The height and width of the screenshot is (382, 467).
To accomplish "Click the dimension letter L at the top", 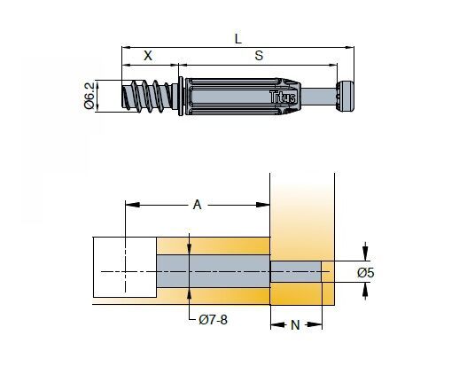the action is (x=237, y=38).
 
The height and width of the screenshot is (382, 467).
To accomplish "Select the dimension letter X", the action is (x=148, y=56).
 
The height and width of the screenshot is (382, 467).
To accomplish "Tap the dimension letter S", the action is (x=259, y=56).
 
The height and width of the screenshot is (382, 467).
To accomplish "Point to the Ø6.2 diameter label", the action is (x=90, y=96).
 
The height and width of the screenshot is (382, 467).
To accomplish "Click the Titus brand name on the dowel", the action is (x=283, y=97).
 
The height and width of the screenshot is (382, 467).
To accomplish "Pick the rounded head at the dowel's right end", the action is (x=345, y=96).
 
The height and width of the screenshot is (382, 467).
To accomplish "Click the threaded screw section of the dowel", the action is (x=146, y=96).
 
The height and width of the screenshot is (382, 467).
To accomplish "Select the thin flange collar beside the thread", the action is (x=180, y=96).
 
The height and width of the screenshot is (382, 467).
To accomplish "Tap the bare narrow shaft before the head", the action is (x=318, y=97).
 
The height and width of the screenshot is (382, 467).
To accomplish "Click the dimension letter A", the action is (x=197, y=205).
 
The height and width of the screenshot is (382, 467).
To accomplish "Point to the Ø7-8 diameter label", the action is (x=214, y=320).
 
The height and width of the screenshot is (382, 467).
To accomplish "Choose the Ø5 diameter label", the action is (x=366, y=273).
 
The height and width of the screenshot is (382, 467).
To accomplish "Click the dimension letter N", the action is (x=295, y=325).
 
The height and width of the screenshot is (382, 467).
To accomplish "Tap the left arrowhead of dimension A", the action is (x=133, y=205).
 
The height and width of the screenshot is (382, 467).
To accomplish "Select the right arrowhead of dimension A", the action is (x=263, y=205).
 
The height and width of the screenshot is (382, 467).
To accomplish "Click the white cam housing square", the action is (x=125, y=268).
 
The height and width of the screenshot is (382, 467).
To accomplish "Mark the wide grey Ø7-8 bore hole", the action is (x=214, y=271).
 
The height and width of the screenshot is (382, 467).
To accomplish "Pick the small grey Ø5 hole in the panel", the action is (x=296, y=271).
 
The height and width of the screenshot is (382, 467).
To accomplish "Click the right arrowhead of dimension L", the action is (x=349, y=47).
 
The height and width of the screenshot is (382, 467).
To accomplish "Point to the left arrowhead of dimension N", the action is (x=277, y=324).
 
